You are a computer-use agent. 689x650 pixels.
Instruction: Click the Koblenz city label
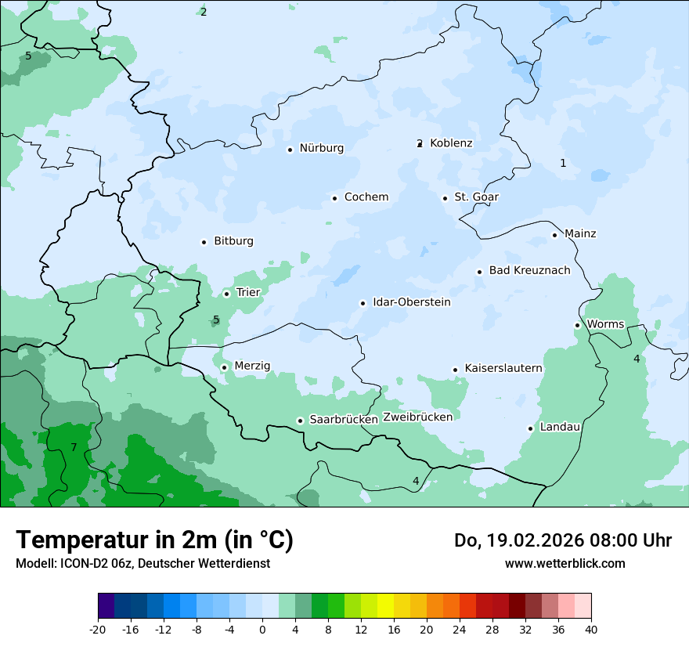pos(451,143)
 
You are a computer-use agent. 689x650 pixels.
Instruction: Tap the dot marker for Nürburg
pos(290,149)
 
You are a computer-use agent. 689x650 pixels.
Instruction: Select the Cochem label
pos(366,197)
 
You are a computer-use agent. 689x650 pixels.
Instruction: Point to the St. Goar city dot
pos(445,198)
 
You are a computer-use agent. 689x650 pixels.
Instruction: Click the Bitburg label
pos(233,241)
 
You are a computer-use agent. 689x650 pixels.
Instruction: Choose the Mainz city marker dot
pos(554,235)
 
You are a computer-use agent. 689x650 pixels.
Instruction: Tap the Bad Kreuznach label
pos(529,271)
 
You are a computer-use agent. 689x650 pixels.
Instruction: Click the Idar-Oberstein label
pos(411,302)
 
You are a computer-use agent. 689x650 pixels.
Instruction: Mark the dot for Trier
pos(226,294)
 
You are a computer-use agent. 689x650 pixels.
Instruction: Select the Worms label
pos(605,324)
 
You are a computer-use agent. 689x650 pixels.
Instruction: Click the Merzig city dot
pos(224,367)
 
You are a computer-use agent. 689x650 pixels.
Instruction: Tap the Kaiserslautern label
pos(503,368)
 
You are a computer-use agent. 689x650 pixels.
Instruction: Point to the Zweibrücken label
pos(417,417)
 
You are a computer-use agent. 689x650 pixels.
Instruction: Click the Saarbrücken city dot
pos(300,421)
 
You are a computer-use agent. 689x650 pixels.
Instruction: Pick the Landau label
pos(560,428)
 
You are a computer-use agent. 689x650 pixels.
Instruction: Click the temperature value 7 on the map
pos(74,447)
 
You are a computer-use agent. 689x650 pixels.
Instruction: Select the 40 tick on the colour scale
pos(591,630)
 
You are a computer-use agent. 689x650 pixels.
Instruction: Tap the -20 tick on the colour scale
pos(98,630)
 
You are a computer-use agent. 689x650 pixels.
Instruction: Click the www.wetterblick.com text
pos(565,563)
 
